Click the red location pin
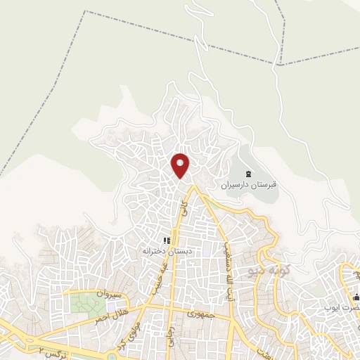pyautogui.click(x=181, y=165)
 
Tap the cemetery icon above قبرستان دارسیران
pyautogui.click(x=247, y=174)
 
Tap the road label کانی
pyautogui.click(x=184, y=207)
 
